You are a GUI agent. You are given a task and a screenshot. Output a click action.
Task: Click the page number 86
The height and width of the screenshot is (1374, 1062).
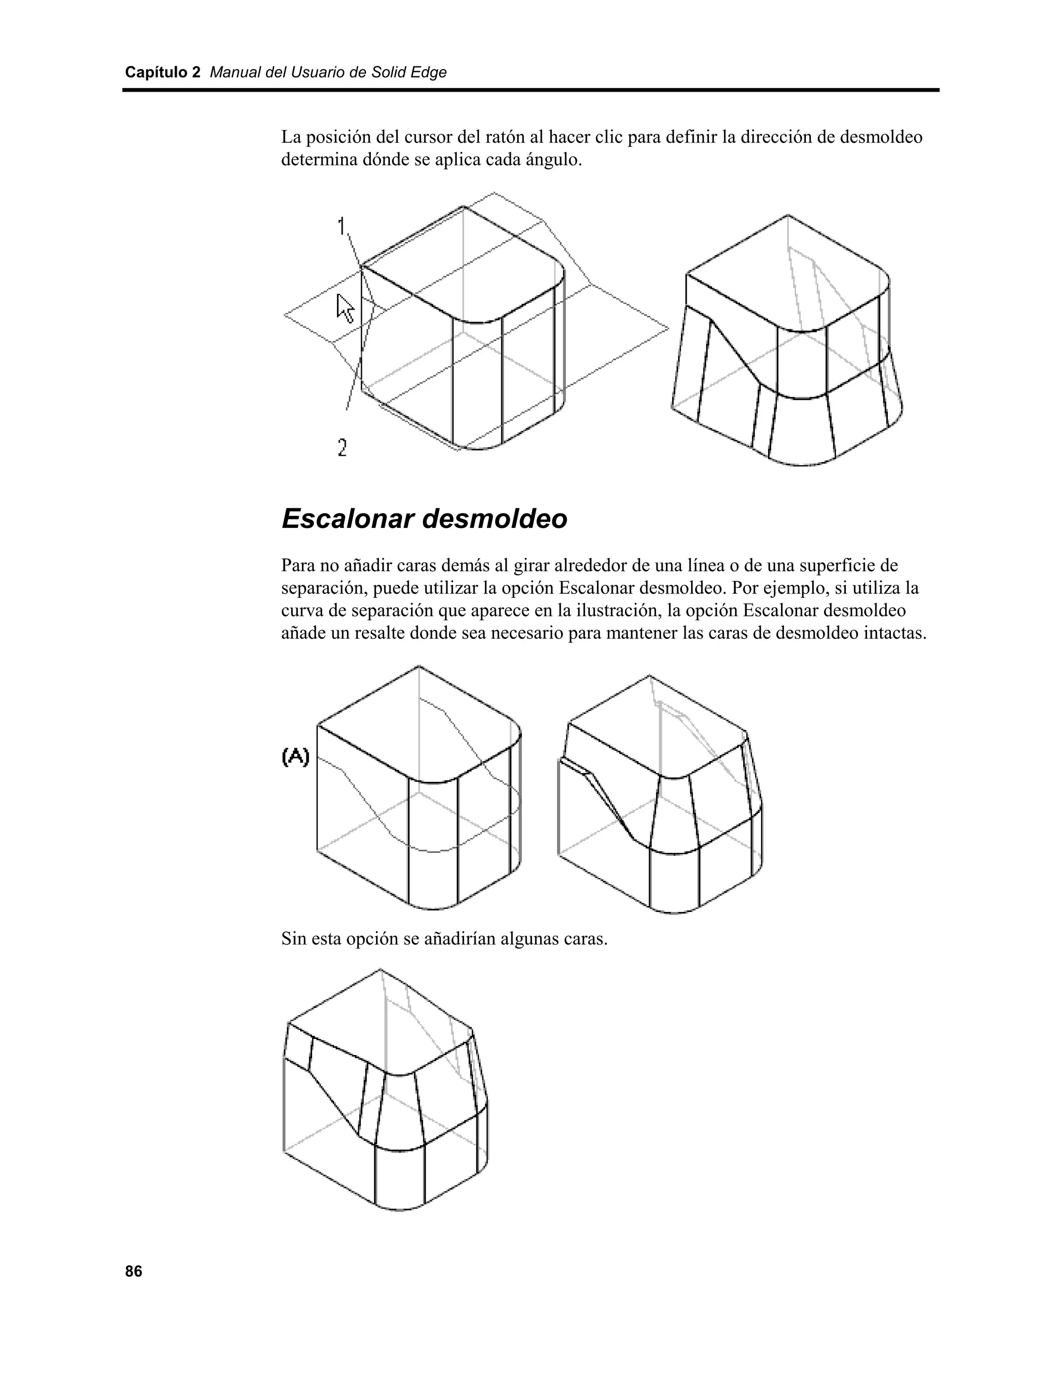coord(133,1271)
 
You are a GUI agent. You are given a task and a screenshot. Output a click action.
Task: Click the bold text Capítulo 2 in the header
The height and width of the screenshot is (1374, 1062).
coord(162,73)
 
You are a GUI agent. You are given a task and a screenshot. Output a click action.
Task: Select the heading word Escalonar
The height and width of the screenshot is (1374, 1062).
coord(347,519)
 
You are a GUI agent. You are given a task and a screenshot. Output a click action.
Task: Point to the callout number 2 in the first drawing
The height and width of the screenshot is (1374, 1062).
coord(342,447)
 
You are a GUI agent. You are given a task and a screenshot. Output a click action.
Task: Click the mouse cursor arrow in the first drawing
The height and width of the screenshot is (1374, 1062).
coord(345,307)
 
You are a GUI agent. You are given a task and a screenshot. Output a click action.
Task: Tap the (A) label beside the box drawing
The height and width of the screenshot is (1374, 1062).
coord(296,756)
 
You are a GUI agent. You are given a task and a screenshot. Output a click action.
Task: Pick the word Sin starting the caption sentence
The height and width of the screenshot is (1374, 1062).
coord(294,940)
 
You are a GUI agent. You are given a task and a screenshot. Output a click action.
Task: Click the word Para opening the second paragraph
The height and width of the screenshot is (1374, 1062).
coord(298,565)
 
